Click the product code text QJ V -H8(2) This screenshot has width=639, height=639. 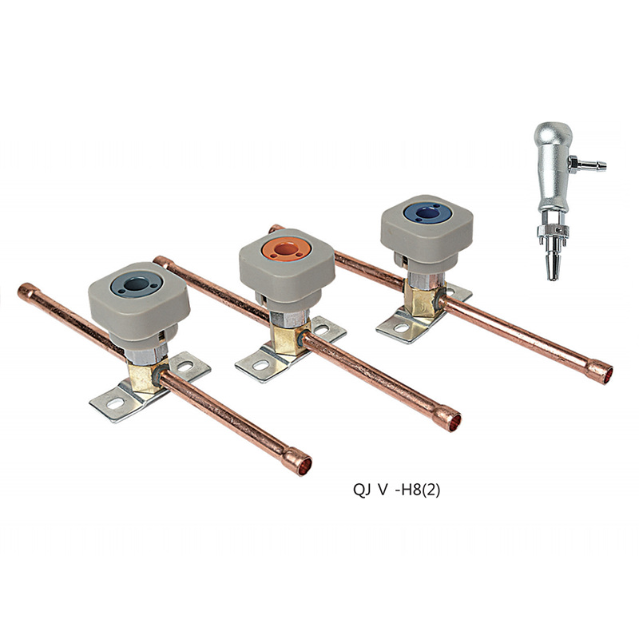click(396, 490)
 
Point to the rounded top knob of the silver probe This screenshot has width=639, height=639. click(553, 132)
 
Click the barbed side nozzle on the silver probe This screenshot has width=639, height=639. click(589, 165)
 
